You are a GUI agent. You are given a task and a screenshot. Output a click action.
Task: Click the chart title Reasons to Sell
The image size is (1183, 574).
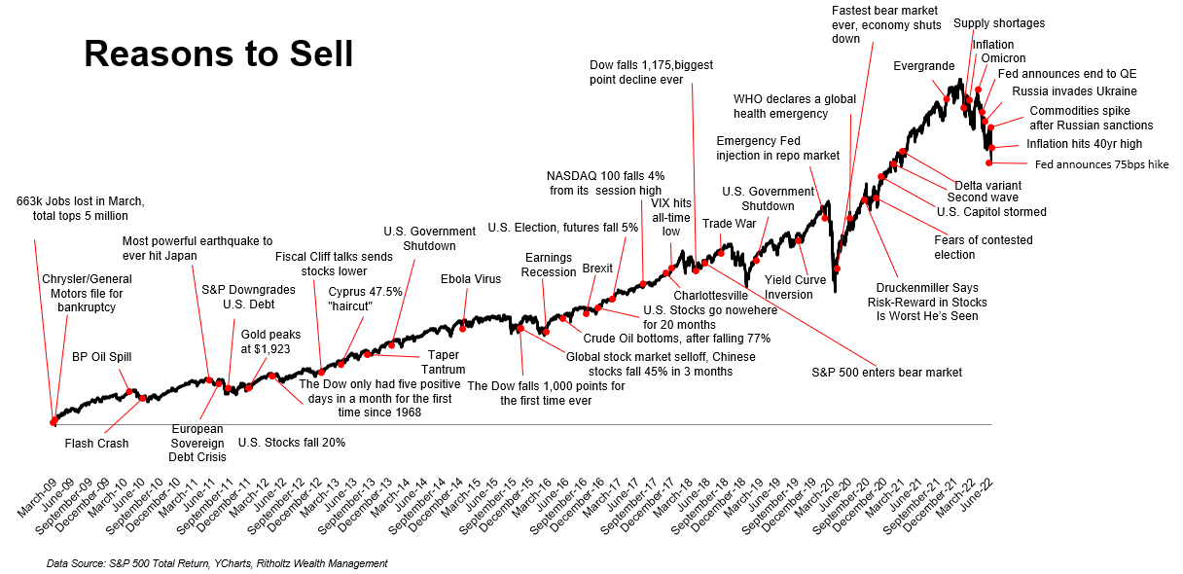[x=218, y=54]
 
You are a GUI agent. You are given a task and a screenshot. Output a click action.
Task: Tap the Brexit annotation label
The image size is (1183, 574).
[x=598, y=269]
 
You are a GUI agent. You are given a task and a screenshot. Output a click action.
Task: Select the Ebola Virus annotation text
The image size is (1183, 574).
[x=471, y=279]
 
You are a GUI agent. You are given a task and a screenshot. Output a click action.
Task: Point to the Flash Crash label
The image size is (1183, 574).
[x=96, y=444]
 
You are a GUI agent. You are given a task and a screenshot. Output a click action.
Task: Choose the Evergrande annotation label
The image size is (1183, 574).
[x=923, y=66]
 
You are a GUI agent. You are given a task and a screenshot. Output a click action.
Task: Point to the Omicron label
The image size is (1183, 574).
[x=1003, y=58]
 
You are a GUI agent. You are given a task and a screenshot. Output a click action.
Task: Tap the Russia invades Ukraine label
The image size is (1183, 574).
[x=1074, y=91]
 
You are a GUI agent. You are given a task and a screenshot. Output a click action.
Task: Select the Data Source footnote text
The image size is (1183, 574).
[x=217, y=563]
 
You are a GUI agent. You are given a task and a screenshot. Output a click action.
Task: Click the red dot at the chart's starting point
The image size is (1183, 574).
[x=53, y=422]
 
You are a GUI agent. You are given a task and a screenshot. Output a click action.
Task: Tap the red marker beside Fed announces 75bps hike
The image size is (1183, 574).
[x=989, y=162]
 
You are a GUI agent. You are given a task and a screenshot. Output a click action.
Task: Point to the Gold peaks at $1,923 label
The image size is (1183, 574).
[x=266, y=341]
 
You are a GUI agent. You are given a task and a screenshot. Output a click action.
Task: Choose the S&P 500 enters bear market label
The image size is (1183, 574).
[x=886, y=372]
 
